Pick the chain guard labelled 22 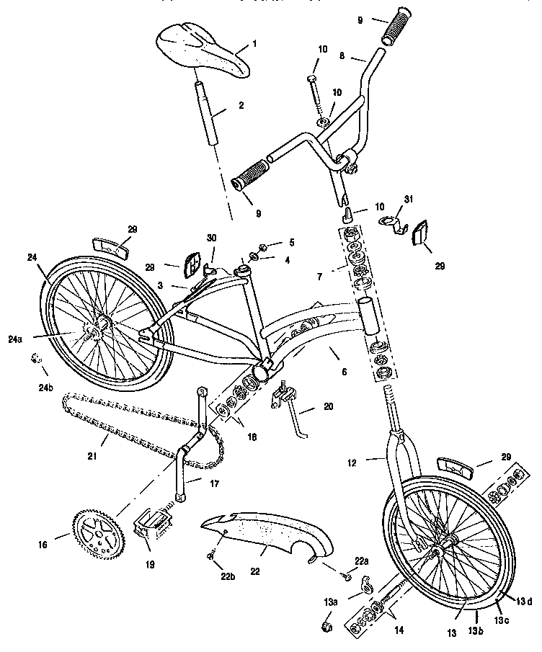pyautogui.click(x=266, y=535)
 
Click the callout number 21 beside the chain pyautogui.click(x=92, y=456)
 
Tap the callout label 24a pyautogui.click(x=14, y=339)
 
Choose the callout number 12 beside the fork pyautogui.click(x=352, y=463)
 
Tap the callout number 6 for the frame pyautogui.click(x=344, y=372)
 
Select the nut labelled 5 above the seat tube pyautogui.click(x=262, y=248)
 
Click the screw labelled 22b pyautogui.click(x=211, y=555)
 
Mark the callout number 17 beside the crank pyautogui.click(x=215, y=483)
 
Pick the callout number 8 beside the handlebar pyautogui.click(x=342, y=55)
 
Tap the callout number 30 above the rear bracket pyautogui.click(x=212, y=238)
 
